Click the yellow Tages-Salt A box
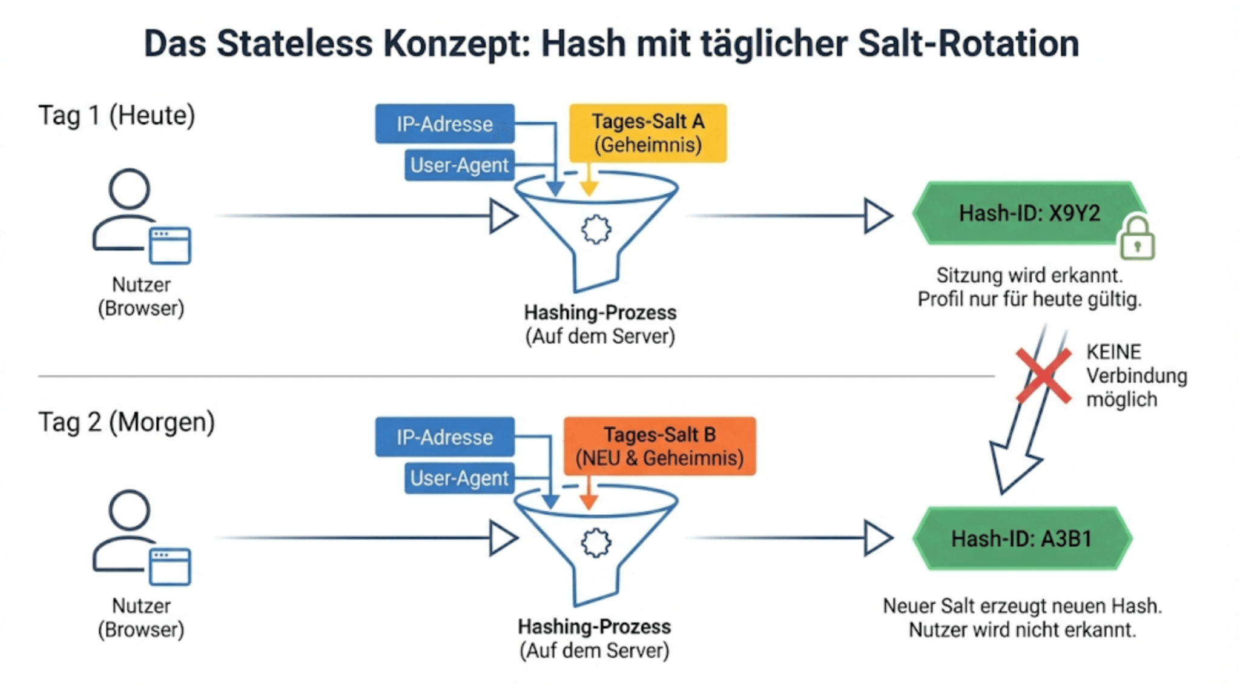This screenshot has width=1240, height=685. (647, 133)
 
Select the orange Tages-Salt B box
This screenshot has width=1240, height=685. (659, 446)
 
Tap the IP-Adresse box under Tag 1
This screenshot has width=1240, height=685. (444, 124)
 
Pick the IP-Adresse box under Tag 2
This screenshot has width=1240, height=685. (444, 437)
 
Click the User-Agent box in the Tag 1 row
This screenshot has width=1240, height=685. (459, 165)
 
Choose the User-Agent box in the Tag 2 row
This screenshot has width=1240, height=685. (459, 478)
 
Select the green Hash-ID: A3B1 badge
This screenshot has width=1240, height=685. (1021, 538)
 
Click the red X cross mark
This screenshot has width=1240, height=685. (1043, 376)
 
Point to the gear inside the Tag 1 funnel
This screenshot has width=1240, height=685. (596, 230)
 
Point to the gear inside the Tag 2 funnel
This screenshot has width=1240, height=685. (596, 543)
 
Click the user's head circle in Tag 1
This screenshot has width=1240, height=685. (130, 188)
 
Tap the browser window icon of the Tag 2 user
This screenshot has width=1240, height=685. (170, 567)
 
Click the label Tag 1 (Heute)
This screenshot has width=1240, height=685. (116, 115)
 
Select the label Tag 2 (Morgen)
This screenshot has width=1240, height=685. (127, 422)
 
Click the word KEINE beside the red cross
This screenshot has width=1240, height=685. (1113, 352)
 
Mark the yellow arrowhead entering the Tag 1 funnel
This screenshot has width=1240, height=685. (589, 189)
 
